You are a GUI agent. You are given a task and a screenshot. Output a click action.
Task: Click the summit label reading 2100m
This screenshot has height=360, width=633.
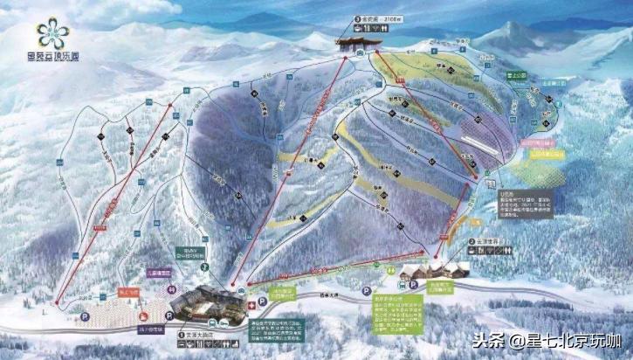pos(370,17)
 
